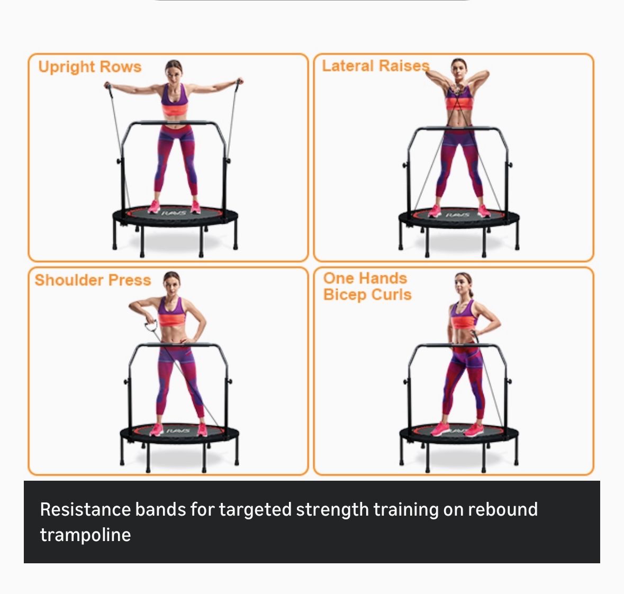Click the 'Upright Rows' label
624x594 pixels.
90,67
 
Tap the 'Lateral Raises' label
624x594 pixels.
376,66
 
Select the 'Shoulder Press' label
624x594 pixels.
93,280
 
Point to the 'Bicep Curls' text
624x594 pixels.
367,295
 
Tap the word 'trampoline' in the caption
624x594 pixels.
85,535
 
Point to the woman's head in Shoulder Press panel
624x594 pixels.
172,283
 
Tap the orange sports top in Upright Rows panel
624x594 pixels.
174,110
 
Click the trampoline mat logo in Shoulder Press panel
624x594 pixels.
177,430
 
